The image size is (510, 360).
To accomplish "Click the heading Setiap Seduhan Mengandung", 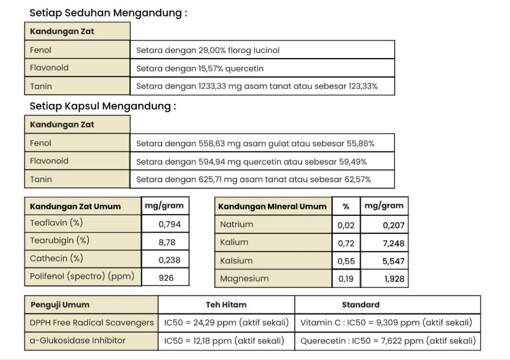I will [x=108, y=13].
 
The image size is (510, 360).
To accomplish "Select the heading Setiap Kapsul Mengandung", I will [x=102, y=106].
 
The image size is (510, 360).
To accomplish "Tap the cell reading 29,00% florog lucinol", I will [x=208, y=50].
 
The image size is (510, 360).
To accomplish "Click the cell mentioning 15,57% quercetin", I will [x=200, y=68].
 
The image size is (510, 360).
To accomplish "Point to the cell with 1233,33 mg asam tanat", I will [x=256, y=86].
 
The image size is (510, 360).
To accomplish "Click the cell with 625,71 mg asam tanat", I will [x=253, y=180].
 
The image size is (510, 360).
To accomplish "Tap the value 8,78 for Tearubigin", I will [x=164, y=242].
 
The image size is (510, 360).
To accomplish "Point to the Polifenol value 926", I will [x=166, y=277].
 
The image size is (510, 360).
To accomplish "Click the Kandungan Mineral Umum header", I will [x=272, y=206].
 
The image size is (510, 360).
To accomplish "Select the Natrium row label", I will [x=237, y=224].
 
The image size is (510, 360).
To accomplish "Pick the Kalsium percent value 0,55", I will [x=346, y=261].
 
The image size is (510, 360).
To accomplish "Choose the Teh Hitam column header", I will [x=226, y=305].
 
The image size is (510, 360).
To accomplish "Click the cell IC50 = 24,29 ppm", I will [x=226, y=322].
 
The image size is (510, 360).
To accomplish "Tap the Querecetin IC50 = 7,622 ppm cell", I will [x=387, y=341].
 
